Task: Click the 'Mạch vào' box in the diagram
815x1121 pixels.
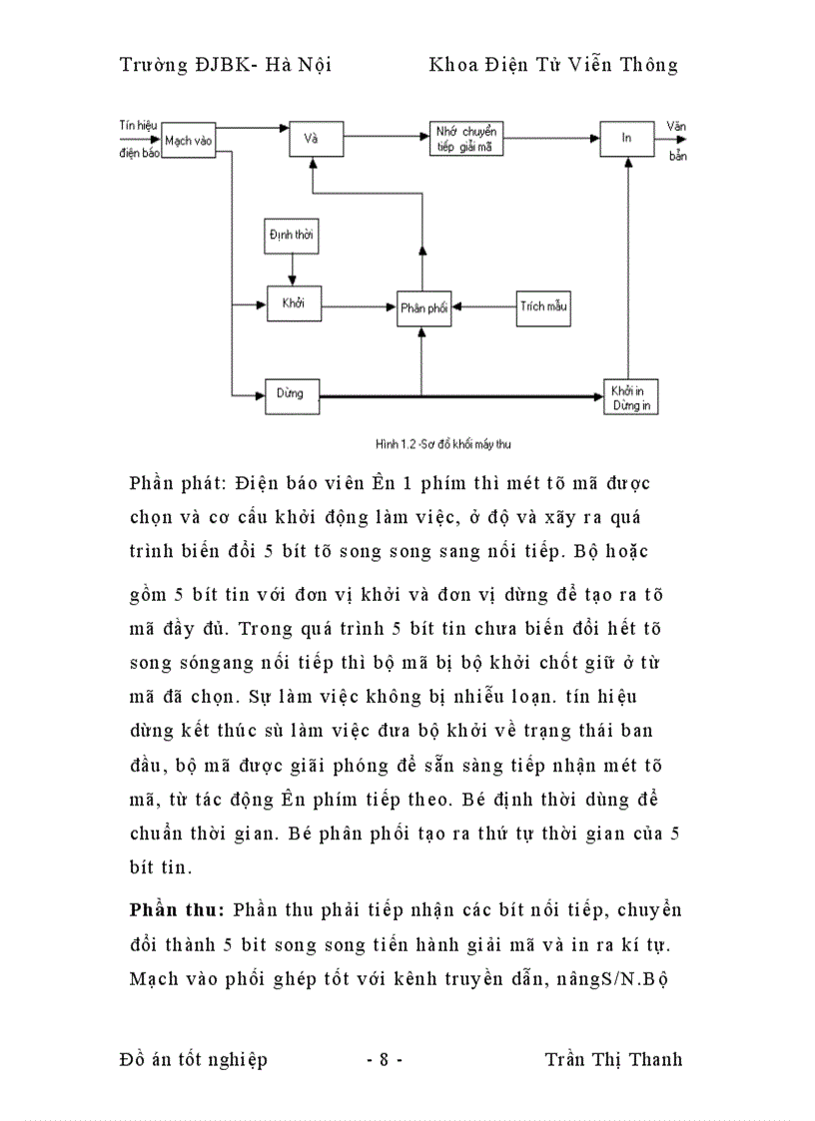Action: coord(188,141)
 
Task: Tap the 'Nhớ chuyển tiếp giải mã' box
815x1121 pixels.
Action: coord(466,139)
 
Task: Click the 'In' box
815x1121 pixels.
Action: coord(626,139)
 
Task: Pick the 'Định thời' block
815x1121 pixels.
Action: coord(292,234)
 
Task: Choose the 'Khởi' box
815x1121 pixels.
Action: coord(293,302)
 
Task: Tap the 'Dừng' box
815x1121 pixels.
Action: coord(291,393)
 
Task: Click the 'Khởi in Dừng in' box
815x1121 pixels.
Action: coord(631,396)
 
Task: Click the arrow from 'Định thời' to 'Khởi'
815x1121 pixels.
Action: coord(292,268)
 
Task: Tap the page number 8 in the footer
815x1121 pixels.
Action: coord(384,1059)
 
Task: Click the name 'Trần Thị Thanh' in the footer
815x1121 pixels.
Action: coord(613,1059)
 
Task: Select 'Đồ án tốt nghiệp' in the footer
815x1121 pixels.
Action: coord(193,1059)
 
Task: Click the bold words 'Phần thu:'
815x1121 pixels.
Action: coord(177,910)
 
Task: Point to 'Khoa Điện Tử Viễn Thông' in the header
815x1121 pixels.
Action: coord(552,65)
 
